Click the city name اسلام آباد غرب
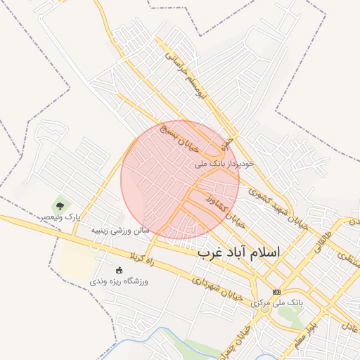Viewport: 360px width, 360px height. point(238,252)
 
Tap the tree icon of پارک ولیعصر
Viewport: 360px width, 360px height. point(60,206)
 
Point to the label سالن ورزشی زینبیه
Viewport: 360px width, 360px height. point(120,229)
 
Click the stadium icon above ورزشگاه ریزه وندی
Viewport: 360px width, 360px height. point(119,270)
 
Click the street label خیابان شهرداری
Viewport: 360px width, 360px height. point(219,288)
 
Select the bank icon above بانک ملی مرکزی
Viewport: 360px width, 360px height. point(276,292)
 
